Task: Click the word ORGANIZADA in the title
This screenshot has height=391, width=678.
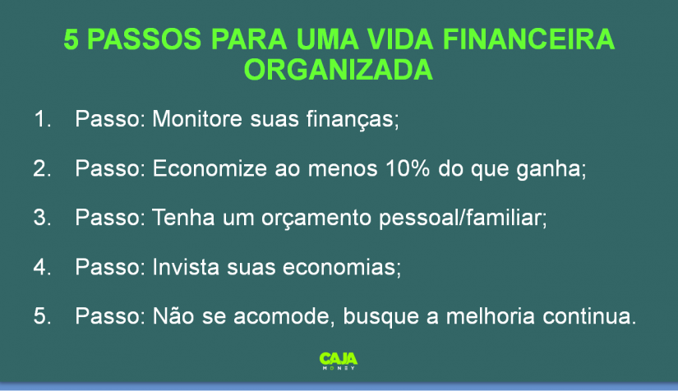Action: pyautogui.click(x=338, y=70)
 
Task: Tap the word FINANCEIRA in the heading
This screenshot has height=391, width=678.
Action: pyautogui.click(x=528, y=39)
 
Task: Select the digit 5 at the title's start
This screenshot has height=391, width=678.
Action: pyautogui.click(x=71, y=39)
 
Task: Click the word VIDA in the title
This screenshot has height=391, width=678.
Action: pyautogui.click(x=400, y=39)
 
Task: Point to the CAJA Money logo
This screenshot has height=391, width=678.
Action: pyautogui.click(x=339, y=361)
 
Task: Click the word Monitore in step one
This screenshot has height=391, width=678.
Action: pyautogui.click(x=197, y=118)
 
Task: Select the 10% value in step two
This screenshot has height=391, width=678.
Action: pyautogui.click(x=408, y=168)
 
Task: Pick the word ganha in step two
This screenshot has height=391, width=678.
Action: pyautogui.click(x=548, y=168)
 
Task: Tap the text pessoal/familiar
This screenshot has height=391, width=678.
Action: pyautogui.click(x=460, y=218)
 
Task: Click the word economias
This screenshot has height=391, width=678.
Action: pyautogui.click(x=339, y=267)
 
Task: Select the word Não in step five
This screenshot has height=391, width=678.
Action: pyautogui.click(x=173, y=315)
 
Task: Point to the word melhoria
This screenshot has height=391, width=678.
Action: pyautogui.click(x=491, y=315)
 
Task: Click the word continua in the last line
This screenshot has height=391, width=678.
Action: pyautogui.click(x=586, y=315)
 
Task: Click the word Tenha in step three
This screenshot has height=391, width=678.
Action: pyautogui.click(x=183, y=217)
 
